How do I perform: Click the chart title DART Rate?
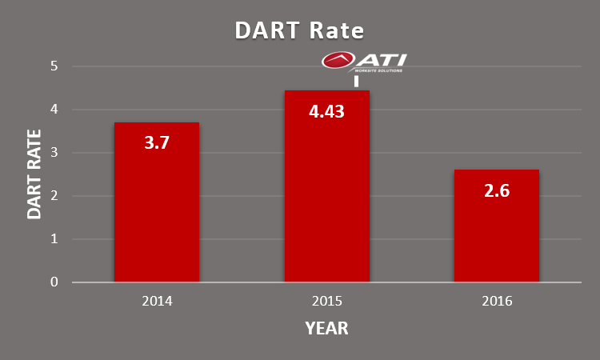(x=299, y=30)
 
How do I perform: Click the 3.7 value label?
(x=157, y=143)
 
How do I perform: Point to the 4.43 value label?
(x=326, y=111)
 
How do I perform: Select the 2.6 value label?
(x=496, y=191)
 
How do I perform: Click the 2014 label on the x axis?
(x=157, y=302)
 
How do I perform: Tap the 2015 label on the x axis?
(x=326, y=302)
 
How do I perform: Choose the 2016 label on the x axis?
(x=496, y=302)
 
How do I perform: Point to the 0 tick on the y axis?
(x=54, y=282)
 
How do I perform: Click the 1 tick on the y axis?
(x=54, y=239)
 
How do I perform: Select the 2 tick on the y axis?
(x=54, y=196)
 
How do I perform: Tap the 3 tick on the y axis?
(x=54, y=153)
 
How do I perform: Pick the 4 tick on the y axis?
(x=54, y=110)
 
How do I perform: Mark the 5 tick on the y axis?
(x=54, y=66)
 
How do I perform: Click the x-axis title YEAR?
(x=326, y=329)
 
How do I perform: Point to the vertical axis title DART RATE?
(x=34, y=174)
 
